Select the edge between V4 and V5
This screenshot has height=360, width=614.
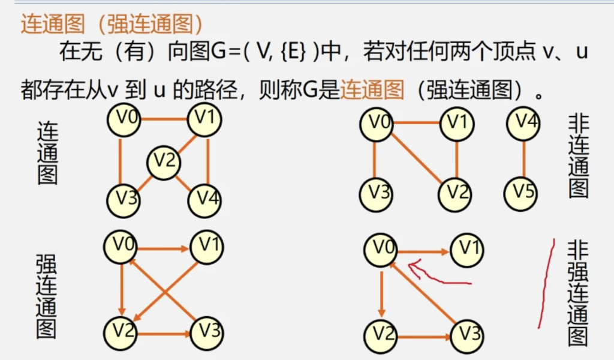523,158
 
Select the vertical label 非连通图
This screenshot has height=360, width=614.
578,157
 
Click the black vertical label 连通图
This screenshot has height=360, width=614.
47,153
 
